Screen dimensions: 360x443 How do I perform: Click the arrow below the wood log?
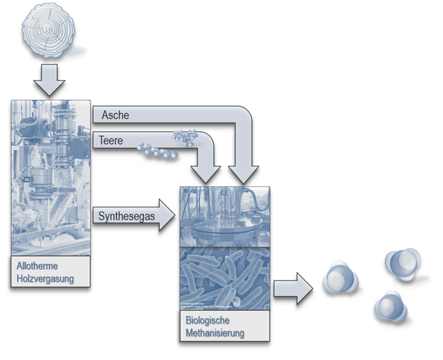click(x=49, y=80)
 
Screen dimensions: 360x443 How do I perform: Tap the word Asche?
click(x=115, y=115)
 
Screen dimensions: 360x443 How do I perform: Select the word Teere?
click(x=111, y=140)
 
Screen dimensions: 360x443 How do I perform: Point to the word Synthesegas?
click(x=127, y=216)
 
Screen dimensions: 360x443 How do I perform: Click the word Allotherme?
click(x=37, y=266)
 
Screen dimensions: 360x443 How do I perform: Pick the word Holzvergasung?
click(x=45, y=279)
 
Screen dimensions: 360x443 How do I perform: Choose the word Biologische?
click(x=208, y=320)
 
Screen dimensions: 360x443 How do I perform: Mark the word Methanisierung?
click(x=215, y=333)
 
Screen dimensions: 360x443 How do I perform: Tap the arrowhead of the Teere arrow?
click(x=206, y=174)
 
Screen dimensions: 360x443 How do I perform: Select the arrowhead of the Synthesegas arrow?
click(x=166, y=215)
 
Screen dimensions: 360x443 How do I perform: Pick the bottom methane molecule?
click(x=391, y=306)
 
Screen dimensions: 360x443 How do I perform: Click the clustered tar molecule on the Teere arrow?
click(x=185, y=137)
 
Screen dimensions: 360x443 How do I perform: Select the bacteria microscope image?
click(x=225, y=278)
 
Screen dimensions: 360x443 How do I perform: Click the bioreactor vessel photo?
click(x=225, y=216)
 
